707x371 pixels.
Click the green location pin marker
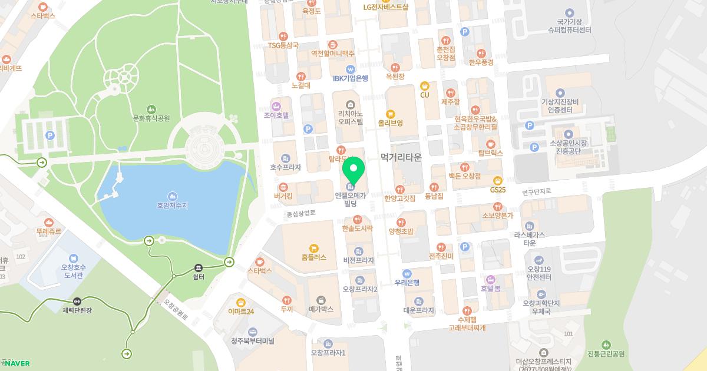pos(353,171)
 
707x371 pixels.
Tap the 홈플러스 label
pos(313,257)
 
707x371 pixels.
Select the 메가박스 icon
pos(321,299)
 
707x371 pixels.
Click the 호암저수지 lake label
pos(172,206)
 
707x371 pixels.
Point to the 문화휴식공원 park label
pos(151,118)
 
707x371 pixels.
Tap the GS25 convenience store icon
pos(498,180)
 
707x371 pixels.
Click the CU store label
pos(424,95)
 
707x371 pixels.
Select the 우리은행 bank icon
pos(407,273)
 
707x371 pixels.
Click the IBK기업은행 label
pos(351,78)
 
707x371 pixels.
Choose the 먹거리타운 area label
pos(401,157)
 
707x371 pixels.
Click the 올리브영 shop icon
pos(390,114)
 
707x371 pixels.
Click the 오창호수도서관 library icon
pos(74,258)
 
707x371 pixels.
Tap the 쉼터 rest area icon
pos(199,267)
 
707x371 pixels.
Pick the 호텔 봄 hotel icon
pos(490,279)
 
